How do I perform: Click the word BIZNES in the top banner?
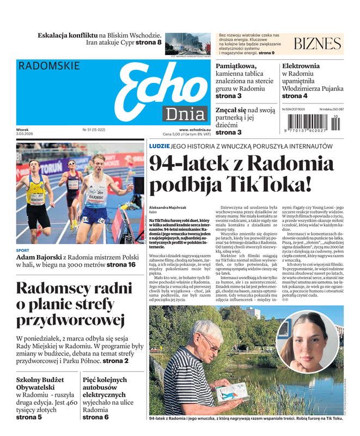(317, 44)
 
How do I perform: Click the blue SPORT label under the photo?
(23, 251)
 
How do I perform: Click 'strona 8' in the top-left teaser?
(148, 43)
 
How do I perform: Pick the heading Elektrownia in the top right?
(301, 66)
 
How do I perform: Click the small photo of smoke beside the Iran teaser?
(187, 43)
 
